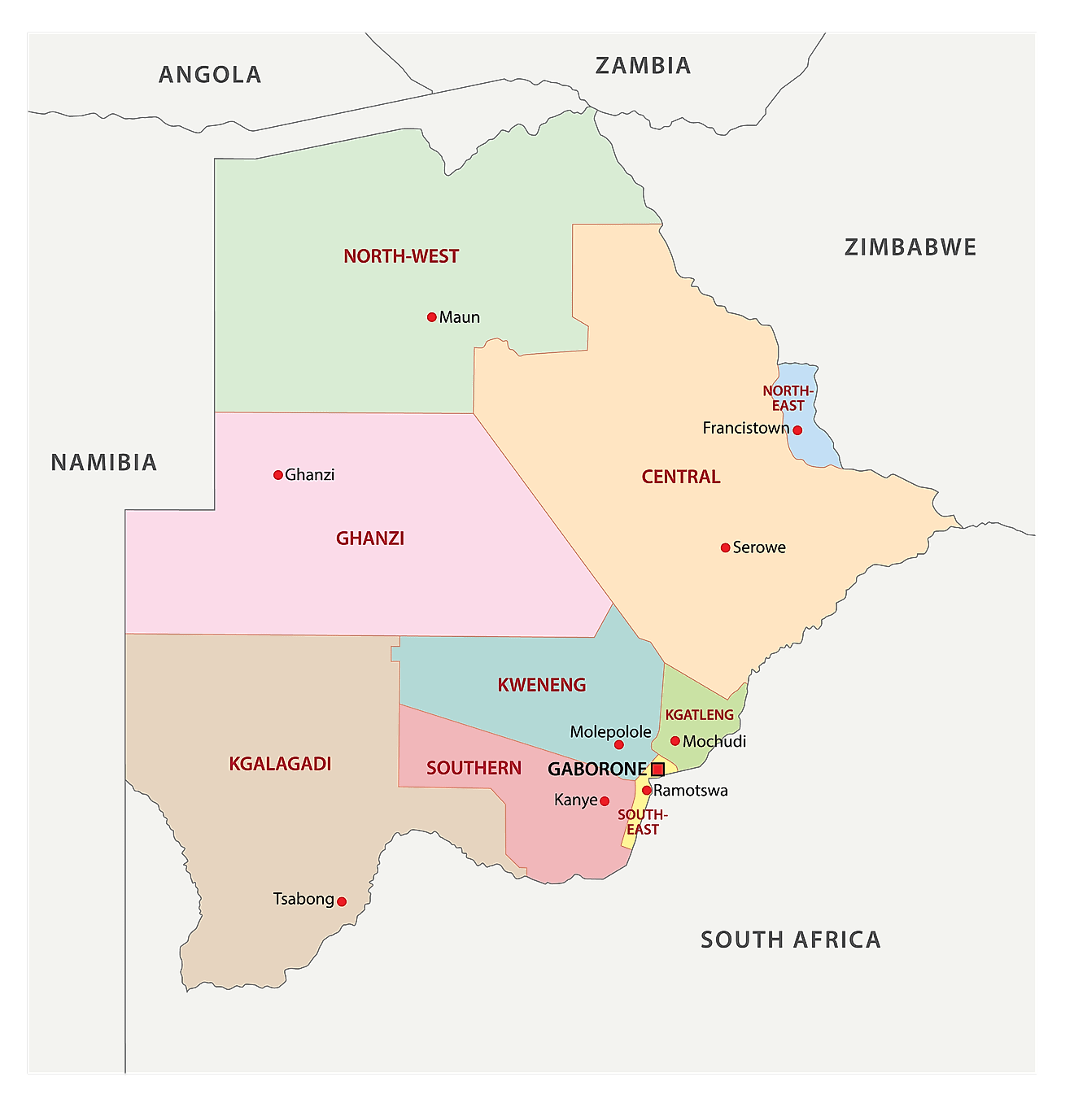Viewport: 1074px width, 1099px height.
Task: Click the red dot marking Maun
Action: (432, 317)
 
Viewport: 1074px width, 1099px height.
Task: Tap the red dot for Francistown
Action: (797, 430)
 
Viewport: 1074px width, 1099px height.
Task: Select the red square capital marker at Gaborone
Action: (657, 769)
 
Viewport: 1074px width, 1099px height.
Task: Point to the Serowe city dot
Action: (725, 547)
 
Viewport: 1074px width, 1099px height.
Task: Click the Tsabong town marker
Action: (342, 901)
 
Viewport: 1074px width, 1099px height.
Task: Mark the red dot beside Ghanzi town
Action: (278, 475)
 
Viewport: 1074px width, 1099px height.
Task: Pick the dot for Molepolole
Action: (618, 744)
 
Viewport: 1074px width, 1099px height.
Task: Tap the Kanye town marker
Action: (605, 801)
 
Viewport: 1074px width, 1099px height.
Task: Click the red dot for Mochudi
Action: (675, 741)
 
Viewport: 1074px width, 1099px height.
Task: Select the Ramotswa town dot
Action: (647, 790)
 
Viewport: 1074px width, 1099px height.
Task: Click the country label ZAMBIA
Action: (643, 66)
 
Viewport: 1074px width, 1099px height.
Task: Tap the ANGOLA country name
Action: (210, 75)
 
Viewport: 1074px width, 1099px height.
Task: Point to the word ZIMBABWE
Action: (910, 247)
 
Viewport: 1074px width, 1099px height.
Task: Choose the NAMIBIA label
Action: (104, 463)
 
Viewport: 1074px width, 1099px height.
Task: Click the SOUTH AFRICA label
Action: (791, 940)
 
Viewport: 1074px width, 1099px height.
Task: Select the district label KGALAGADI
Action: (280, 764)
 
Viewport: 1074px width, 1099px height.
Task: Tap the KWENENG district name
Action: (542, 685)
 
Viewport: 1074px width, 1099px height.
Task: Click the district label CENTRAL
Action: (681, 477)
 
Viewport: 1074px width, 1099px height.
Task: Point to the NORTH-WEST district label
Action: (401, 256)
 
